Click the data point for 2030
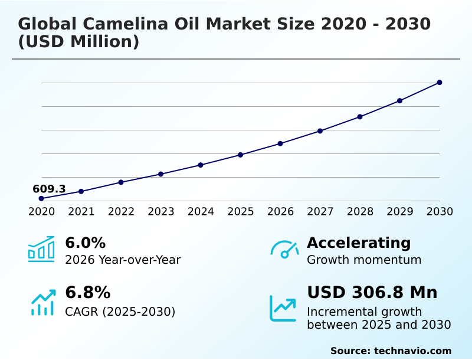pyautogui.click(x=440, y=83)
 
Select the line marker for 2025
pyautogui.click(x=241, y=155)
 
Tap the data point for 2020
pyautogui.click(x=41, y=198)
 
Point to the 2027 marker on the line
pyautogui.click(x=320, y=130)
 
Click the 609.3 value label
pyautogui.click(x=49, y=189)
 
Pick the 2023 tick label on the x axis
pyautogui.click(x=161, y=211)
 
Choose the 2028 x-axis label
pyautogui.click(x=360, y=211)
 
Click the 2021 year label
pyautogui.click(x=81, y=211)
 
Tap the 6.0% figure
pyautogui.click(x=85, y=243)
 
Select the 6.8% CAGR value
pyautogui.click(x=87, y=292)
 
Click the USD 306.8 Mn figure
pyautogui.click(x=372, y=292)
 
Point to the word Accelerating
pyautogui.click(x=359, y=243)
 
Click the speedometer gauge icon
pyautogui.click(x=284, y=249)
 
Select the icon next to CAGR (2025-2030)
pyautogui.click(x=42, y=302)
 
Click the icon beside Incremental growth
pyautogui.click(x=283, y=308)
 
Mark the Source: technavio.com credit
pyautogui.click(x=391, y=351)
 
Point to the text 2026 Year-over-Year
pyautogui.click(x=123, y=260)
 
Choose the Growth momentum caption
pyautogui.click(x=364, y=260)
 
